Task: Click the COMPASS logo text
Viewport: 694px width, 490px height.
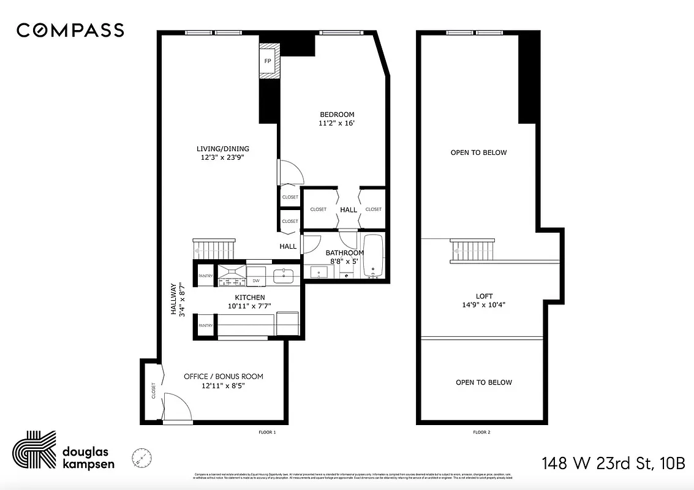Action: click(70, 30)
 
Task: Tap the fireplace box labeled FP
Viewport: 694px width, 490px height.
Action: click(268, 61)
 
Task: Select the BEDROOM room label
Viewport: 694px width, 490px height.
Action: click(337, 115)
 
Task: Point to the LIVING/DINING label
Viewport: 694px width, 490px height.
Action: click(223, 148)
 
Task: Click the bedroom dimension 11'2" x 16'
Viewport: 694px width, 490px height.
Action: click(337, 123)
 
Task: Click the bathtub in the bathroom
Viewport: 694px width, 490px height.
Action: click(373, 256)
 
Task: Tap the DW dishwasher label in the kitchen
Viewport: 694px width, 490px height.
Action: click(257, 281)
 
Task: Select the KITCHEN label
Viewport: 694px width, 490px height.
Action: click(250, 297)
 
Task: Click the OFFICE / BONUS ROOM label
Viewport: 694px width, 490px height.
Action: click(224, 376)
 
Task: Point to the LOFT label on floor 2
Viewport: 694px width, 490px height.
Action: click(485, 296)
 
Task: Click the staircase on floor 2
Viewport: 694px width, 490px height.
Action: click(473, 250)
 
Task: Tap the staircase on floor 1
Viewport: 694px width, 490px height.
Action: click(214, 250)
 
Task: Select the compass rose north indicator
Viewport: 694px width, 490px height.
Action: click(142, 457)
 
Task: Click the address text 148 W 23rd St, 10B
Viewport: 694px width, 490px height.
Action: click(613, 462)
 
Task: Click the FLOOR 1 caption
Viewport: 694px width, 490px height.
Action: click(268, 432)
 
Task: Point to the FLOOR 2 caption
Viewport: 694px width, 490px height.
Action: click(481, 432)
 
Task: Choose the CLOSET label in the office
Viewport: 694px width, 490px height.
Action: click(153, 391)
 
